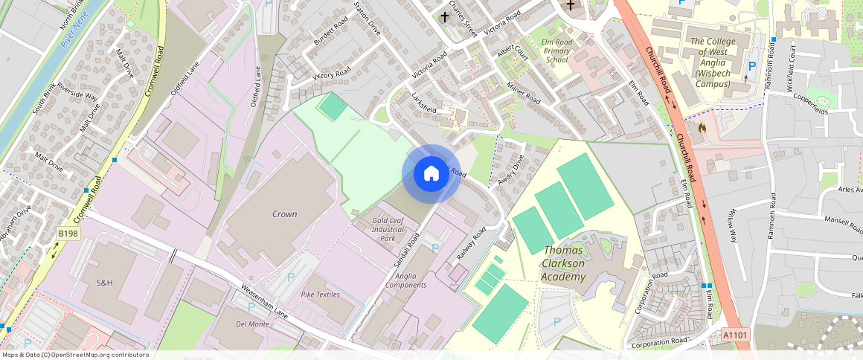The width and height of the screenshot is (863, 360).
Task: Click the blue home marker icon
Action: (431, 174)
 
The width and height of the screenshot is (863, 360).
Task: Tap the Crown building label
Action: (284, 214)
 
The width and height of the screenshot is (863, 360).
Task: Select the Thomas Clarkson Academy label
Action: (574, 263)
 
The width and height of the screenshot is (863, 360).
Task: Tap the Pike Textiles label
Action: (320, 295)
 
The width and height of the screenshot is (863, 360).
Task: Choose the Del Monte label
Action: (251, 324)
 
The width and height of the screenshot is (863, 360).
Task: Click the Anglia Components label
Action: (406, 280)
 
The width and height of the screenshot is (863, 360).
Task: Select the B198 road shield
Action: (68, 234)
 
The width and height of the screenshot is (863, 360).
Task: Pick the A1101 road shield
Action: (735, 336)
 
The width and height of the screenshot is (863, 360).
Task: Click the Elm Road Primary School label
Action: (556, 50)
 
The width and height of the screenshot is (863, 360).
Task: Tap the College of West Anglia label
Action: (718, 62)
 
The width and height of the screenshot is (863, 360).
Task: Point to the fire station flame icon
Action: (702, 128)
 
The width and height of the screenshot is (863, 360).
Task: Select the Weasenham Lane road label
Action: (264, 300)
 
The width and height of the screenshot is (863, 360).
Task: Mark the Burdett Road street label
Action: (330, 31)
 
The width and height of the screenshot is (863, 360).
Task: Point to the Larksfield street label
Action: (424, 103)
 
